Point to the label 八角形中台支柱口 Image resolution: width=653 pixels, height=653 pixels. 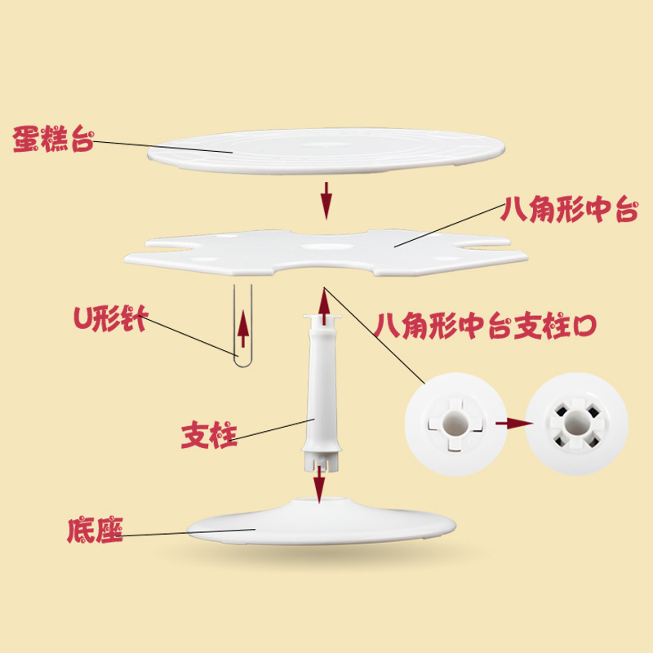[486, 326]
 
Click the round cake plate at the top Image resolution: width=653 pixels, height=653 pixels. [326, 151]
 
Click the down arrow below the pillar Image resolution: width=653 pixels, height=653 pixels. [318, 486]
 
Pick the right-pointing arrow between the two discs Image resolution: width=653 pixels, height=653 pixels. [507, 424]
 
